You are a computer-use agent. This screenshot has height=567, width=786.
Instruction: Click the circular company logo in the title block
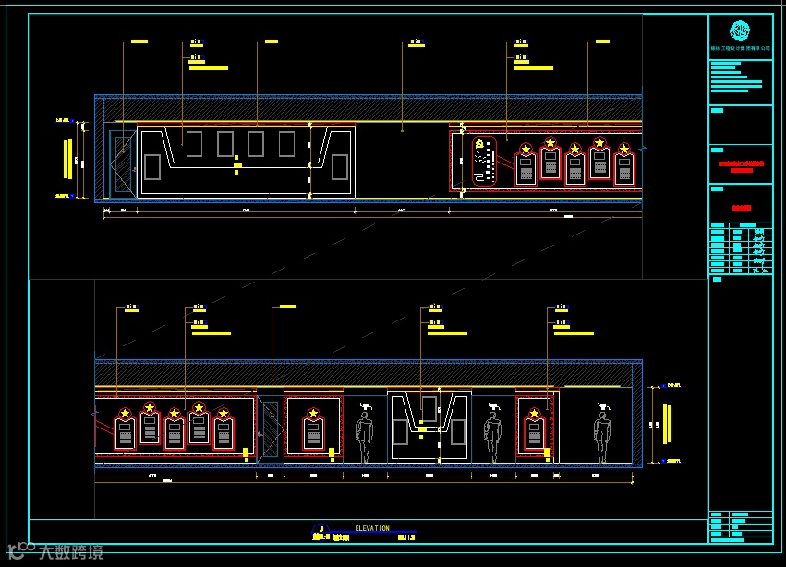pyautogui.click(x=740, y=30)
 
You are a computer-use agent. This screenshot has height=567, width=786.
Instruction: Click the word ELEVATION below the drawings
pyautogui.click(x=372, y=529)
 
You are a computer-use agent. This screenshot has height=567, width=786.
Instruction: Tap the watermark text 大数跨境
pyautogui.click(x=70, y=552)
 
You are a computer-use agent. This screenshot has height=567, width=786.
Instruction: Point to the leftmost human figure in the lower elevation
pyautogui.click(x=365, y=435)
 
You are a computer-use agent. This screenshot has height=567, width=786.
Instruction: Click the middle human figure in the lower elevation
pyautogui.click(x=492, y=435)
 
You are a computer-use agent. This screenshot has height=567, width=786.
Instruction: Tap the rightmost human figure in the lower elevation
pyautogui.click(x=603, y=435)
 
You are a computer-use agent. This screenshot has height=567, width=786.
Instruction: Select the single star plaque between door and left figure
pyautogui.click(x=313, y=428)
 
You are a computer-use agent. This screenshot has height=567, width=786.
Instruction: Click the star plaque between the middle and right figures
pyautogui.click(x=535, y=428)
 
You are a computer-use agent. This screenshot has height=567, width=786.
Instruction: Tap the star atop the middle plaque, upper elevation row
pyautogui.click(x=574, y=149)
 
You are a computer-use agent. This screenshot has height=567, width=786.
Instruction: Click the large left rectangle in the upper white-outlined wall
pyautogui.click(x=152, y=167)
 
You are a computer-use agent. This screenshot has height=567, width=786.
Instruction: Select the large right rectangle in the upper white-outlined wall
pyautogui.click(x=340, y=167)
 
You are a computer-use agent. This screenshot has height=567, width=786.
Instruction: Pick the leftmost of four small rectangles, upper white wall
pyautogui.click(x=194, y=143)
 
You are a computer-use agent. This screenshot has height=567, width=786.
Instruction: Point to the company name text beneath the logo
pyautogui.click(x=740, y=47)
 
